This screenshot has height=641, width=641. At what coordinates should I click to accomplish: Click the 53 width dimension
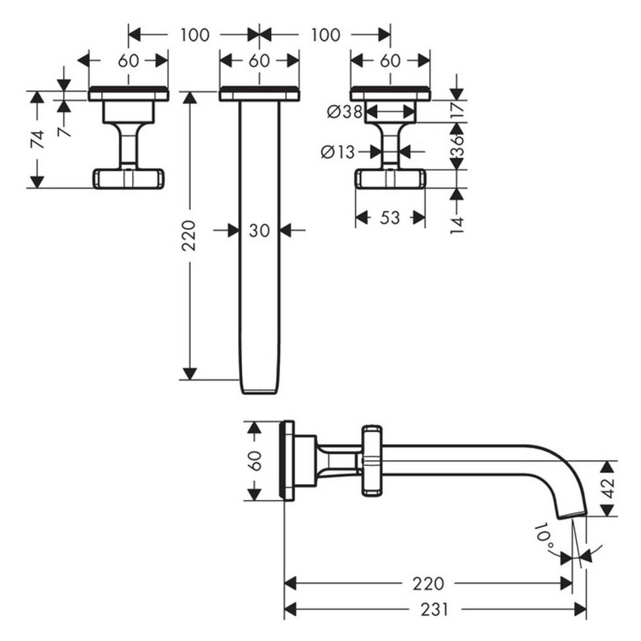[x=389, y=218]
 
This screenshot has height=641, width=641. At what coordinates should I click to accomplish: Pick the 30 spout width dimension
[x=259, y=231]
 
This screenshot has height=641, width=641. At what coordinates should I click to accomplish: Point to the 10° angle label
[x=544, y=535]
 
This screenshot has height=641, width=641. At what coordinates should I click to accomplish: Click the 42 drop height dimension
[x=607, y=489]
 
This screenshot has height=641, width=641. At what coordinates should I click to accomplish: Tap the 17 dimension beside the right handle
[x=456, y=109]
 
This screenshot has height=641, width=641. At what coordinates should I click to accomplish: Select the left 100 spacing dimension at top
[x=194, y=35]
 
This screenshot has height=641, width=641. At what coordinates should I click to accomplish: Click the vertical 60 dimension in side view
[x=255, y=459]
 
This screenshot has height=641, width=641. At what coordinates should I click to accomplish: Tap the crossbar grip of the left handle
[x=128, y=178]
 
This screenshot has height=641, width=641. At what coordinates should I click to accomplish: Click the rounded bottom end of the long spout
[x=259, y=388]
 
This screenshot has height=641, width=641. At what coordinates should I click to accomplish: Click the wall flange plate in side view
[x=287, y=459]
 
